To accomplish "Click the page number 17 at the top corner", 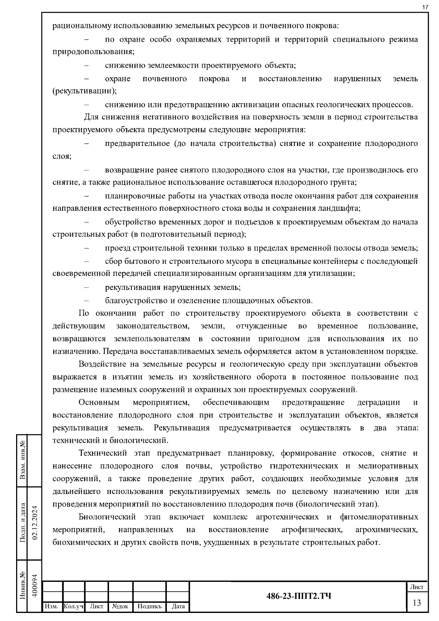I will [x=425, y=7].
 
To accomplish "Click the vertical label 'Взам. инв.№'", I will [x=23, y=460].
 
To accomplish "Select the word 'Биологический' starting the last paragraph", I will [x=107, y=517].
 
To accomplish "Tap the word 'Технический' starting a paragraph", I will [x=104, y=453].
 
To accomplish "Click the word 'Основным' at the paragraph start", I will [x=99, y=403].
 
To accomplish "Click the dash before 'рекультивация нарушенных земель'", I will [x=87, y=288].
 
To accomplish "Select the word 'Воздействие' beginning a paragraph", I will [x=102, y=364].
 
